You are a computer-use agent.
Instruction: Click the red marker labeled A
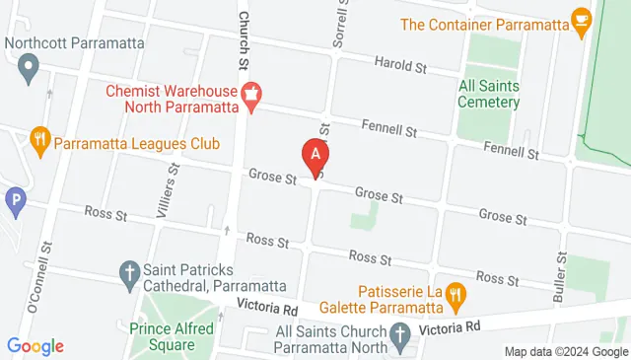315,155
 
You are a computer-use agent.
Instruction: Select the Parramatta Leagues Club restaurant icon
39,141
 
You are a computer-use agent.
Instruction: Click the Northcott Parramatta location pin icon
29,68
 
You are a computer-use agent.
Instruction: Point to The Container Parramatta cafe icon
582,20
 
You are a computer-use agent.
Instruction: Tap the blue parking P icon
15,202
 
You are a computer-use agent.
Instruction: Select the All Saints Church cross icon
400,338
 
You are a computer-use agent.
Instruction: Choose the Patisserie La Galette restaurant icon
455,293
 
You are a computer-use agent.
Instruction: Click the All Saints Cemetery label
488,93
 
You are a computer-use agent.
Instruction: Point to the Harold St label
399,67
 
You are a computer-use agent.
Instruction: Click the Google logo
35,346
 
